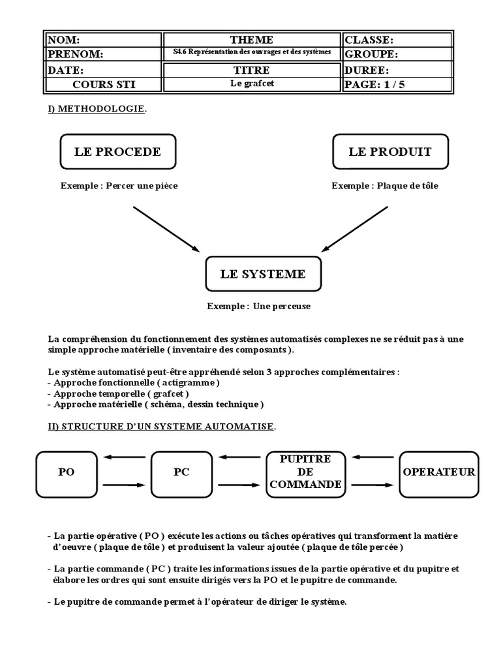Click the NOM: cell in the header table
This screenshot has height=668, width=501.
click(103, 40)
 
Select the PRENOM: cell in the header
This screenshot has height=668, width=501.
click(103, 54)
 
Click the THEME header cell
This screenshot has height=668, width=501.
click(251, 40)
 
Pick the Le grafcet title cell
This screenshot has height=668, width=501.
click(251, 84)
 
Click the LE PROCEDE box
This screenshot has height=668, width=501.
click(117, 152)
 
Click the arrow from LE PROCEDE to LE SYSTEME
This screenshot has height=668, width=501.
click(166, 228)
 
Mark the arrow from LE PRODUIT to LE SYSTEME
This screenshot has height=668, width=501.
click(356, 228)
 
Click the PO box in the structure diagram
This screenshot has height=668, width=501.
click(66, 472)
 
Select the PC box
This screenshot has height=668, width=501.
click(181, 472)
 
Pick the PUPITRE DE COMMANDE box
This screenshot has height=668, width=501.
click(305, 472)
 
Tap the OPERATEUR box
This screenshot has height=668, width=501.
click(438, 472)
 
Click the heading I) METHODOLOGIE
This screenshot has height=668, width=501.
click(96, 108)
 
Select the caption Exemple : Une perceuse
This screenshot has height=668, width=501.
click(258, 305)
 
